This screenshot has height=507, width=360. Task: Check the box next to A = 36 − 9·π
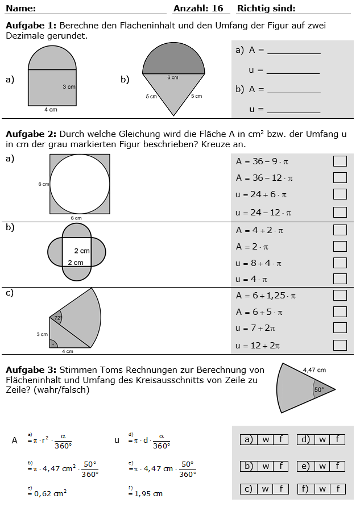click(x=340, y=161)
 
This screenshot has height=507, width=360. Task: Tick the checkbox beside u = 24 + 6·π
click(x=340, y=194)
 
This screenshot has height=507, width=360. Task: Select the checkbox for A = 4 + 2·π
click(x=340, y=230)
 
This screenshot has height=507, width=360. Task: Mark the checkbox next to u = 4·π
click(x=340, y=279)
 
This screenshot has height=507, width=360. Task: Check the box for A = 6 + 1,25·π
click(x=340, y=296)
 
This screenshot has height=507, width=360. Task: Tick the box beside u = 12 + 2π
click(x=340, y=345)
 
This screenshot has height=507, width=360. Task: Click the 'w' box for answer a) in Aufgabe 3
click(x=266, y=439)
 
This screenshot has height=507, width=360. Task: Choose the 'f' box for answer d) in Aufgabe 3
click(x=337, y=439)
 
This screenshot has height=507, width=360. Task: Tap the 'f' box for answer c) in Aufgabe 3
click(x=280, y=489)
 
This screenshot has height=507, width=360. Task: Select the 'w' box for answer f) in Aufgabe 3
click(x=322, y=489)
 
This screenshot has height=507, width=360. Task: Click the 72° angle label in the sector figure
click(x=58, y=318)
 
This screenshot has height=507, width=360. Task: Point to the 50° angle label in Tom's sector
click(x=318, y=390)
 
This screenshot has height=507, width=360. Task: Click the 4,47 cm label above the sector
click(x=314, y=369)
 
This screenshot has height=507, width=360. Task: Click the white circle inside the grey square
click(x=80, y=184)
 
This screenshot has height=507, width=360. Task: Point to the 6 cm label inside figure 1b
click(x=173, y=78)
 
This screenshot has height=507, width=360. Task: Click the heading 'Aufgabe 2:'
click(x=31, y=134)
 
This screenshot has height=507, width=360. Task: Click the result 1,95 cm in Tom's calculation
click(x=150, y=493)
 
